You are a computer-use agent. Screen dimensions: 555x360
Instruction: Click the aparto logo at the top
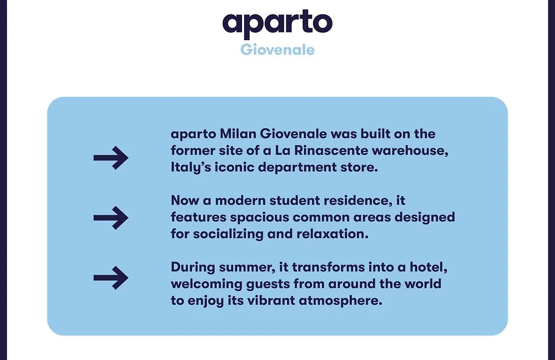277,24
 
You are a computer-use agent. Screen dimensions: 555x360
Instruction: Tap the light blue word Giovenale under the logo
277,49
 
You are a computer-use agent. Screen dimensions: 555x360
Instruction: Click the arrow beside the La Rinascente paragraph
111,158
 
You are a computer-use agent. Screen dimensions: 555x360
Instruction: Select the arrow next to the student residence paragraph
111,218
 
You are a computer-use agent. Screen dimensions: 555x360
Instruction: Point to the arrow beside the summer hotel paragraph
111,278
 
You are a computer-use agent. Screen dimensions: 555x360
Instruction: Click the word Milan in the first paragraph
238,134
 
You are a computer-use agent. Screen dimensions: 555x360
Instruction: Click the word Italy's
191,167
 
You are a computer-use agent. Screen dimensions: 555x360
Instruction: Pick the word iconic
234,167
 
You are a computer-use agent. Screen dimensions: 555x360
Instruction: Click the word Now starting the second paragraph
184,201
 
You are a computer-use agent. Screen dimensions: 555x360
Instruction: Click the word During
193,267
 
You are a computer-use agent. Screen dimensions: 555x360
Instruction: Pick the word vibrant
271,300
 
